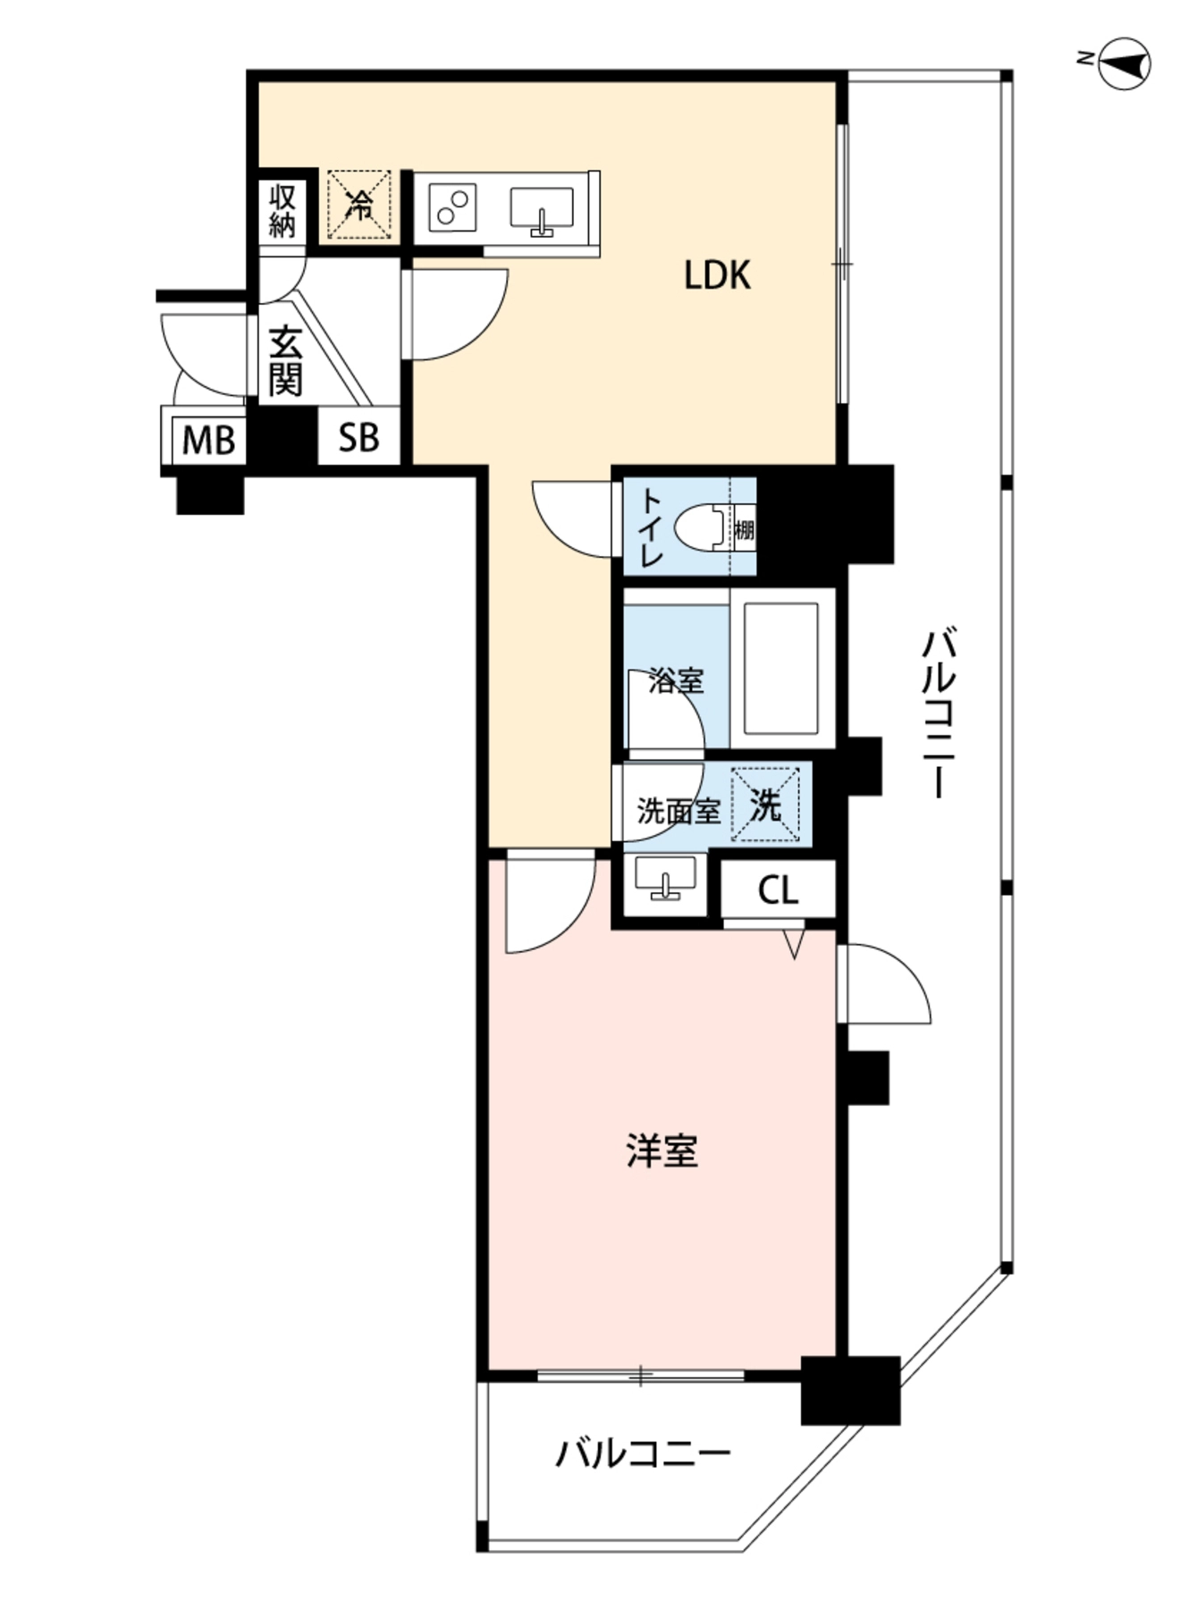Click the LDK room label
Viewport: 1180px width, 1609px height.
(x=717, y=275)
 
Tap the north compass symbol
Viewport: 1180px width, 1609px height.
(x=1123, y=63)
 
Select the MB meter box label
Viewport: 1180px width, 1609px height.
(x=208, y=440)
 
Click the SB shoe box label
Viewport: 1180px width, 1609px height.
(x=358, y=437)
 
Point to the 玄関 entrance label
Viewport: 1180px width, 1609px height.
(x=285, y=361)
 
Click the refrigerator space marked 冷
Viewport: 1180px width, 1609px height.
(x=358, y=206)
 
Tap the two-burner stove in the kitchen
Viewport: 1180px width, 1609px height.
(x=452, y=206)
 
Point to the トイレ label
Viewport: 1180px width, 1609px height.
(x=650, y=527)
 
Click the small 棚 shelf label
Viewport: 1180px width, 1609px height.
(x=744, y=530)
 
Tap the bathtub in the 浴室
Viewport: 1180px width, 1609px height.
(x=781, y=668)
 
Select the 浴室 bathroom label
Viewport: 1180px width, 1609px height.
(x=676, y=681)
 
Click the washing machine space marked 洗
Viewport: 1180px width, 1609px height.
(x=766, y=805)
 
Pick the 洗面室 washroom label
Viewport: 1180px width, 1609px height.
(x=678, y=812)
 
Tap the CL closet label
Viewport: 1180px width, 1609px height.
(x=778, y=890)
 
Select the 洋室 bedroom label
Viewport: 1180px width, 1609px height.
(x=662, y=1151)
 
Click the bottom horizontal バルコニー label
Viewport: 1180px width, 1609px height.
(x=643, y=1453)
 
